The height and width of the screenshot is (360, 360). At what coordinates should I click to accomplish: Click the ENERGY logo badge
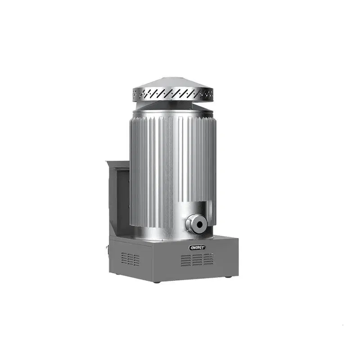pyautogui.click(x=197, y=247)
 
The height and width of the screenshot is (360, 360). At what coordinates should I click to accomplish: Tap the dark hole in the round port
pyautogui.click(x=199, y=224)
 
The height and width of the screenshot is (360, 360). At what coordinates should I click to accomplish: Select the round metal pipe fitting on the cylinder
pyautogui.click(x=197, y=224)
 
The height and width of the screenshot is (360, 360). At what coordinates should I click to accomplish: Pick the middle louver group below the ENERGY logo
pyautogui.click(x=197, y=260)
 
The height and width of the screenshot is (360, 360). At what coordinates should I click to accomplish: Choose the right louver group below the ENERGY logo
pyautogui.click(x=208, y=259)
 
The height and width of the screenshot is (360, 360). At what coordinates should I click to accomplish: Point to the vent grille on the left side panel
pyautogui.click(x=130, y=259)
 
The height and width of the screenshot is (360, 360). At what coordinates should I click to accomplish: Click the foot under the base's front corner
pyautogui.click(x=157, y=282)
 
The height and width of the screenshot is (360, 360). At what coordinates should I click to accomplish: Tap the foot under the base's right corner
pyautogui.click(x=229, y=277)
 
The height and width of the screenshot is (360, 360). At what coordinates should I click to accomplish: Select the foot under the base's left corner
pyautogui.click(x=117, y=274)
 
